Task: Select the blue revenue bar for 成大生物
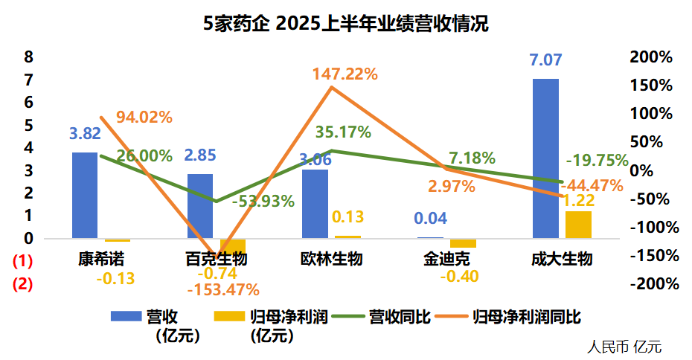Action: pos(545,158)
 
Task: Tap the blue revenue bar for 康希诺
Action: pos(85,195)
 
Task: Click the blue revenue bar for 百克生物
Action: pos(200,206)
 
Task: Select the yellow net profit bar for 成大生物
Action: pos(578,225)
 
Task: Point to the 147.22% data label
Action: pos(345,74)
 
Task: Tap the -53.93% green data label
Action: pos(263,201)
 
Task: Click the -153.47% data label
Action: pos(223,289)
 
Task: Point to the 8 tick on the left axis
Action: pos(28,57)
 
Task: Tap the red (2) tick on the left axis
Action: pos(23,283)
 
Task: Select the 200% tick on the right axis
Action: pos(650,57)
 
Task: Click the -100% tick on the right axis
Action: pos(653,227)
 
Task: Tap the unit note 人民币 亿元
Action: pos(624,346)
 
